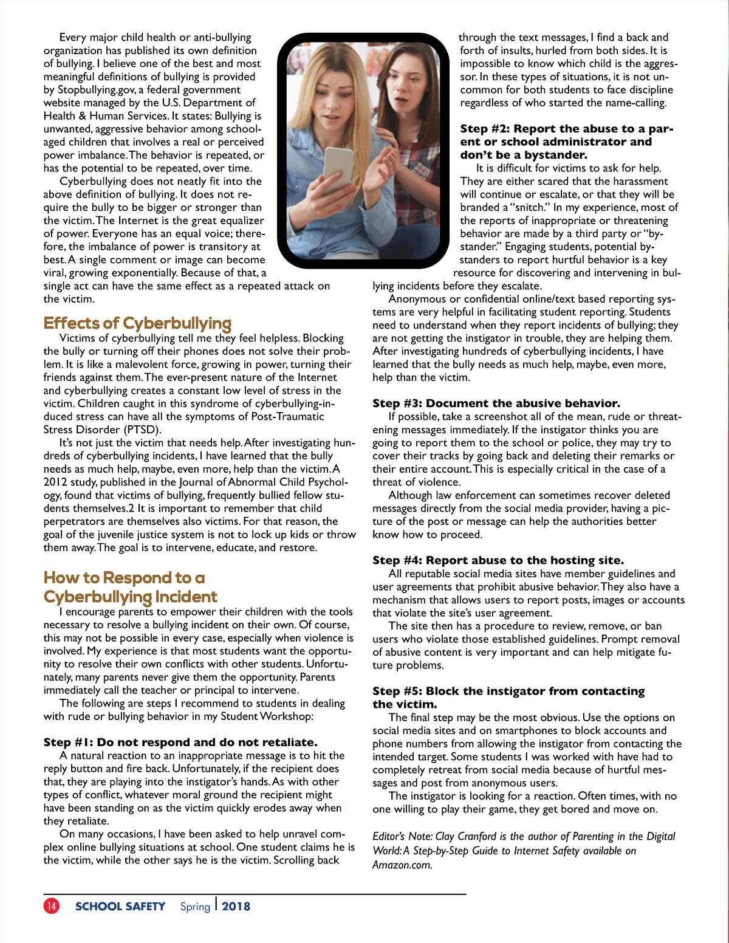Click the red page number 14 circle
point(52,906)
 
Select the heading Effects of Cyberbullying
point(137,323)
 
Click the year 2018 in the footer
point(236,907)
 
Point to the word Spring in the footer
point(195,907)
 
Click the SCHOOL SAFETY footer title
point(120,907)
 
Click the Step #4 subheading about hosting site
point(498,560)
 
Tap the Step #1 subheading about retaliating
point(180,742)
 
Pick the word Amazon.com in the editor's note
point(402,865)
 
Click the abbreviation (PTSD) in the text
point(142,430)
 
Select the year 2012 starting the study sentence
point(55,482)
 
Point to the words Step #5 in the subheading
point(397,691)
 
